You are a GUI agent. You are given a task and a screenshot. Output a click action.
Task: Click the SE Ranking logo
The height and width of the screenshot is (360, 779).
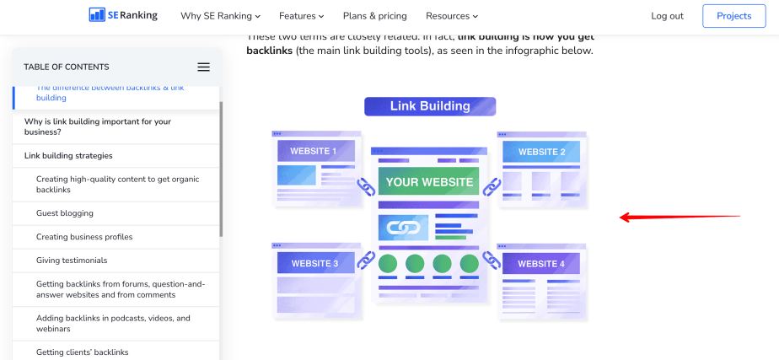point(122,15)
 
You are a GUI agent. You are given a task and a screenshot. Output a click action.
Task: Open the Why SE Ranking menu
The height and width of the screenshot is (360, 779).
point(220,16)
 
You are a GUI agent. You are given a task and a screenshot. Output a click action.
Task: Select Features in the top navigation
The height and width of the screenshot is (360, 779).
point(301,16)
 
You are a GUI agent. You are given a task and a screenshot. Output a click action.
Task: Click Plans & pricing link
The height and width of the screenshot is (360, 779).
point(374,16)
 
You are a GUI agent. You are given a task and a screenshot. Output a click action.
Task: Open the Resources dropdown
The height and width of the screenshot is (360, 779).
point(451,16)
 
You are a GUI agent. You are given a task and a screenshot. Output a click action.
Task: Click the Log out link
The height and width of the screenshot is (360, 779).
point(668,16)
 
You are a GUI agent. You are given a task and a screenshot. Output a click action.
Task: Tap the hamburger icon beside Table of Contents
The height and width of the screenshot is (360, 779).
point(203,67)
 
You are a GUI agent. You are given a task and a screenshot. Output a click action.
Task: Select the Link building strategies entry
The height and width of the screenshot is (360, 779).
point(68,156)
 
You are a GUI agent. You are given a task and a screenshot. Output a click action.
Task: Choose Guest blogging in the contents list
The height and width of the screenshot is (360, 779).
point(65,213)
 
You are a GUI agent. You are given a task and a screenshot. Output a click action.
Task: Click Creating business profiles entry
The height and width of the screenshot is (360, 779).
point(84,237)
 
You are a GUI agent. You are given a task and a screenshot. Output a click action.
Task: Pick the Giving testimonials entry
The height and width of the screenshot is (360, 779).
point(72,261)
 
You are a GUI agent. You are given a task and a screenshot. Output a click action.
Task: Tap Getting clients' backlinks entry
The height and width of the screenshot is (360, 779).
point(82,352)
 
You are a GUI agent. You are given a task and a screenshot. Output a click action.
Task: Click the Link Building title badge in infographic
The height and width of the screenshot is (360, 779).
point(430,106)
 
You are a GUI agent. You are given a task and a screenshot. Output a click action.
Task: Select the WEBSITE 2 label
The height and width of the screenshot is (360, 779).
point(541,153)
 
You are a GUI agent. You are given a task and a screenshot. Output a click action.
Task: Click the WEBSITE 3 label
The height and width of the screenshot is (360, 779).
point(314,264)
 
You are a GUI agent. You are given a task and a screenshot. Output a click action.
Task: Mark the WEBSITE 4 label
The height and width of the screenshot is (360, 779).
point(541,264)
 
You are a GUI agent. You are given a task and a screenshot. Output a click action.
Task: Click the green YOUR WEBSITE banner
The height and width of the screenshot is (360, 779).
point(428,181)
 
